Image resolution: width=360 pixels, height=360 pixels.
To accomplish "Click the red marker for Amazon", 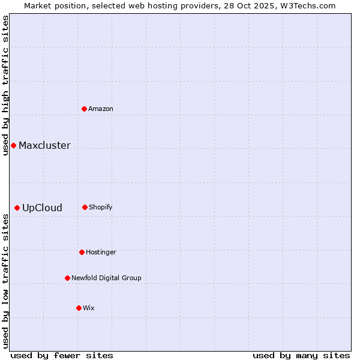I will tap(85, 109).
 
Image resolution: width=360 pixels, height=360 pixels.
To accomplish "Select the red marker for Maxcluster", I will tap(13, 145).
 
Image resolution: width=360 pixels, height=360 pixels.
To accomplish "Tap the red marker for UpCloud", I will tap(17, 208).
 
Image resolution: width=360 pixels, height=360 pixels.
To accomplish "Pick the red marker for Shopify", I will tap(85, 207).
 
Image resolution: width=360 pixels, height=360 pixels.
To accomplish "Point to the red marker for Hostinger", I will tap(82, 252).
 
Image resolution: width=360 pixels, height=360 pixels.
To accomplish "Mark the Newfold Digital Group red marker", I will tap(67, 278).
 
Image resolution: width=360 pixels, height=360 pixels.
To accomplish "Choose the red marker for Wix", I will tap(79, 308).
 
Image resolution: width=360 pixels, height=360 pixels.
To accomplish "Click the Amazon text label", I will tap(101, 109).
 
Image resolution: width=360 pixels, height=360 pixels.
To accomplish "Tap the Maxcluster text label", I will tap(44, 145).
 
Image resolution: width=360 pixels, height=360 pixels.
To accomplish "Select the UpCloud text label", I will tap(42, 208).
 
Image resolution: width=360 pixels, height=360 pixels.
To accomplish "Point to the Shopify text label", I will tap(101, 207).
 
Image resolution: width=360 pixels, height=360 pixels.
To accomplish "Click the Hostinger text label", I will tap(101, 252).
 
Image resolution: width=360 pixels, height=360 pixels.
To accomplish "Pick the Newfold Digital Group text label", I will tap(106, 278).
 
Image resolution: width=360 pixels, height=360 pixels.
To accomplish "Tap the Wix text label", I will tap(89, 308).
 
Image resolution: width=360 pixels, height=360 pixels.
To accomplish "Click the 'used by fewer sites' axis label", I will tap(62, 355).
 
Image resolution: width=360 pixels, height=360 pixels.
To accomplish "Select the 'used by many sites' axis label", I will tap(301, 355).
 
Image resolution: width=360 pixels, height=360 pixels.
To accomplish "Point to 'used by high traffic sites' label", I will tap(5, 85).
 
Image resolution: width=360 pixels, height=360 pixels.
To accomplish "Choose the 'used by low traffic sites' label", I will tap(5, 281).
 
